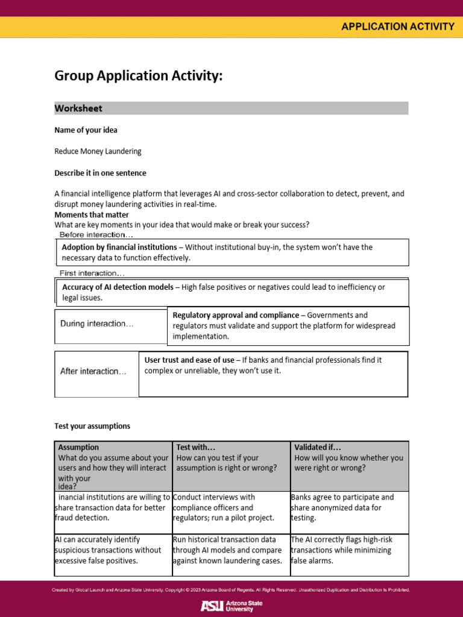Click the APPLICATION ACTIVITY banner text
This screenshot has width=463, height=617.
click(398, 27)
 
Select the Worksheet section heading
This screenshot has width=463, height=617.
click(78, 108)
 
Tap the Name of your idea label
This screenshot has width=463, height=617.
click(86, 130)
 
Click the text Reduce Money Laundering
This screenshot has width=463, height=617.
click(98, 152)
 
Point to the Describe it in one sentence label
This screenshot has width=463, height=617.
click(100, 174)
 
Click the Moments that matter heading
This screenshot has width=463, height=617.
click(92, 215)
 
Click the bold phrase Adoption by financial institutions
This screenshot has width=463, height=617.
click(119, 248)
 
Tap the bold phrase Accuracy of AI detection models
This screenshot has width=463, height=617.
click(118, 287)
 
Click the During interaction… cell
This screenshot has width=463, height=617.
click(97, 324)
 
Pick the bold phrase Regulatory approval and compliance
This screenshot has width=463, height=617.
click(236, 315)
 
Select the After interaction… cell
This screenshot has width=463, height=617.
click(93, 372)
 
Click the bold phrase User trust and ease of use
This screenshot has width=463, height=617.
click(189, 360)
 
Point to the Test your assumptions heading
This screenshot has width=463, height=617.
click(92, 427)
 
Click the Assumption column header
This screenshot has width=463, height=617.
click(78, 448)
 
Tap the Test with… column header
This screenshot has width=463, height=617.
click(196, 448)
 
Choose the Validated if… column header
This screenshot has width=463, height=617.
click(318, 448)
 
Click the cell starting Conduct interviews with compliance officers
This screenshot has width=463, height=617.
click(223, 508)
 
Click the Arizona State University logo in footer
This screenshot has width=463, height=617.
click(231, 606)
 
